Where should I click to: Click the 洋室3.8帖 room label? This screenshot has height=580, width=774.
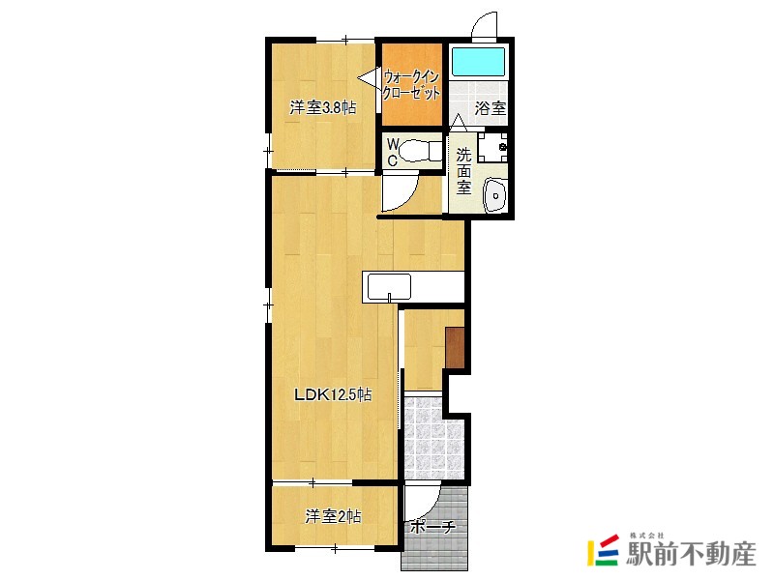tap(323, 107)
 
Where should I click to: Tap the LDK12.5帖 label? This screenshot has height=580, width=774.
tap(333, 394)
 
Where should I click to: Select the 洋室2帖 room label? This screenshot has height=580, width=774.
tap(333, 516)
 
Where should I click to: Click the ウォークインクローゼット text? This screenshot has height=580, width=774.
tap(412, 85)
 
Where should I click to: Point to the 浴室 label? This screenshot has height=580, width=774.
tap(491, 108)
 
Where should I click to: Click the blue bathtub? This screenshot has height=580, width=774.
tap(479, 62)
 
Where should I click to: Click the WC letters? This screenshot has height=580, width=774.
tap(393, 152)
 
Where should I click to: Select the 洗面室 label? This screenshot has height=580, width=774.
tap(463, 171)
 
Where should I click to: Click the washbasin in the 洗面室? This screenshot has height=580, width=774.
tap(495, 195)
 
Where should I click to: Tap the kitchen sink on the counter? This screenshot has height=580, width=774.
tap(389, 287)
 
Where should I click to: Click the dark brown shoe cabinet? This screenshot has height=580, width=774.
tap(455, 348)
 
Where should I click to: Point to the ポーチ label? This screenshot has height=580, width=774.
tap(432, 527)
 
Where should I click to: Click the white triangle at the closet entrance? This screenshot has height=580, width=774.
tap(368, 79)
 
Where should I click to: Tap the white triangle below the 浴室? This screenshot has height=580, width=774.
tap(459, 123)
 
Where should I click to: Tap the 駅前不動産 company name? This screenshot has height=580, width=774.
tap(691, 554)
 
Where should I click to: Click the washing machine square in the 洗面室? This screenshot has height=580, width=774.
tap(492, 147)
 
